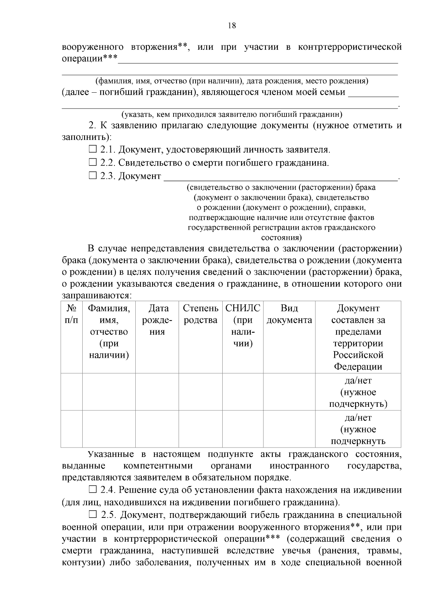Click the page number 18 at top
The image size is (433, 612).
coord(232,25)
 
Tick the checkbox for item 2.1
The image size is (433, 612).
coord(93,149)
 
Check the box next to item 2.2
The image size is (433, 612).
coord(93,162)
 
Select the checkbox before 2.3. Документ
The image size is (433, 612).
coord(93,176)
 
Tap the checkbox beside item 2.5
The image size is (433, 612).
coord(93,514)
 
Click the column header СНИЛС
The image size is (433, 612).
coord(242,308)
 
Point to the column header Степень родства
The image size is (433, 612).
coord(200,314)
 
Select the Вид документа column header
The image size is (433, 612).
coord(289,314)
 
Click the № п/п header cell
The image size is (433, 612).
coord(71,314)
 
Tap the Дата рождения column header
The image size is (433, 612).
coord(157,320)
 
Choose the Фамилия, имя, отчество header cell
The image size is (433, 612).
coord(109,331)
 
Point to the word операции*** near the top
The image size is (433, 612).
coord(89,58)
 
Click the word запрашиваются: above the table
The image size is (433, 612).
coord(97,295)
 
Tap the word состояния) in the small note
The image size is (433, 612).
coord(281,238)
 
